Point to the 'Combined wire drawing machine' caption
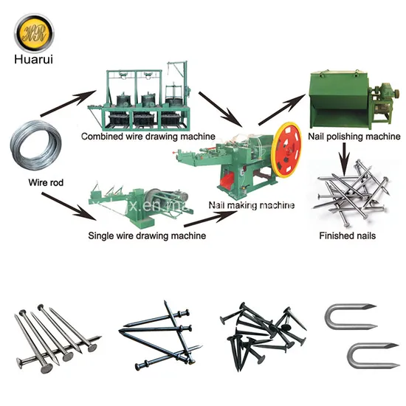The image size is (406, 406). coord(148,137)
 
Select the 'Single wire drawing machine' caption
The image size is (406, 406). coord(147,235)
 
